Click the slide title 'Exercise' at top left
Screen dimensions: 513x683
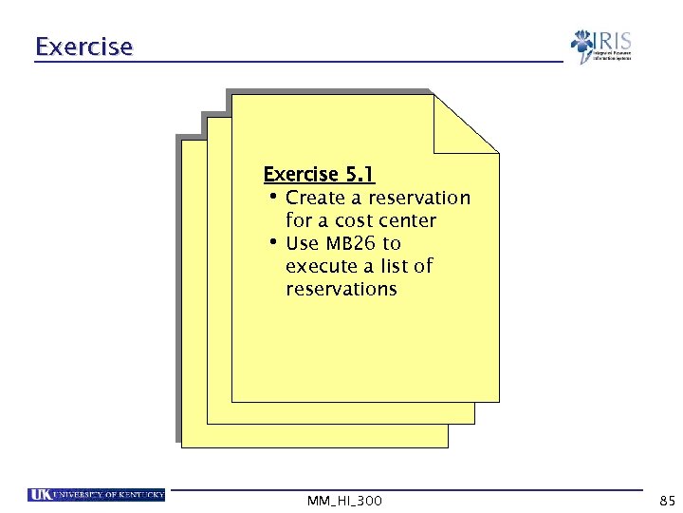tap(83, 46)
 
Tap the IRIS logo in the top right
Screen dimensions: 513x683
tap(600, 47)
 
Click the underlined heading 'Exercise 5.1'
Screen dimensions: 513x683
tap(319, 174)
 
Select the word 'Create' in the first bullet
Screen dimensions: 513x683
tap(316, 198)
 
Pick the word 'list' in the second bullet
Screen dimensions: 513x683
tap(395, 266)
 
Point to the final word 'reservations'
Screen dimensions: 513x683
tap(341, 289)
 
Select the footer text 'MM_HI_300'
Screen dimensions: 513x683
tap(345, 500)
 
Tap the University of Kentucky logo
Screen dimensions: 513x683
tap(97, 495)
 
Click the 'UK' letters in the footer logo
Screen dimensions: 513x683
tap(40, 495)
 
